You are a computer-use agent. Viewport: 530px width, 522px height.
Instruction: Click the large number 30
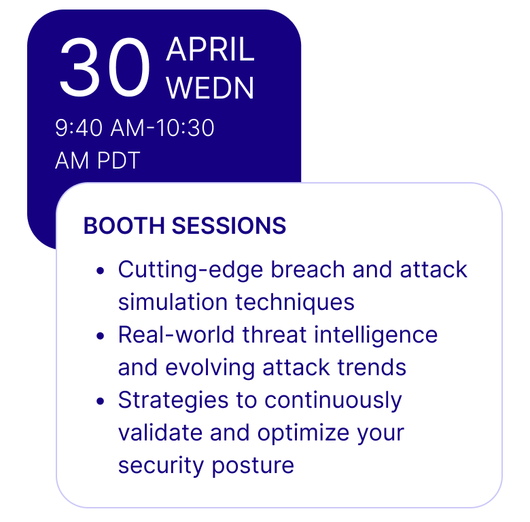[105, 67]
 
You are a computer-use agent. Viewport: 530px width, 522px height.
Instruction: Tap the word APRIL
[210, 50]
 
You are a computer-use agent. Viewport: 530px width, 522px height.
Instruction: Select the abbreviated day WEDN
[210, 88]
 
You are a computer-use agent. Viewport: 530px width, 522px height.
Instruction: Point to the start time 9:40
[78, 128]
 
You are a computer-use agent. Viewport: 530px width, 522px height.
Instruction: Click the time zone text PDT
[119, 160]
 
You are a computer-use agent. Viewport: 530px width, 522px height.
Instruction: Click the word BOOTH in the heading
[124, 226]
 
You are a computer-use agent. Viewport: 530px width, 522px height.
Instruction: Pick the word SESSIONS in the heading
[229, 226]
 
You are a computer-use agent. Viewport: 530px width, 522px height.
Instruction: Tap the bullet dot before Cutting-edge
[100, 271]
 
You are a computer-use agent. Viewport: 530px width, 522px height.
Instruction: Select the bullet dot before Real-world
[100, 336]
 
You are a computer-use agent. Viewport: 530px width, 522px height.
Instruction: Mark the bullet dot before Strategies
[100, 401]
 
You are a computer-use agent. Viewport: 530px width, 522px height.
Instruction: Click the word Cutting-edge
[191, 270]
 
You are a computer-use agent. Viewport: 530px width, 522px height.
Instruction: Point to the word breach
[308, 269]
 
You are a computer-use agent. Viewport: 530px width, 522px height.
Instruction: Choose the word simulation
[173, 302]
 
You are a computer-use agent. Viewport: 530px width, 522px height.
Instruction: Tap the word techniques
[295, 302]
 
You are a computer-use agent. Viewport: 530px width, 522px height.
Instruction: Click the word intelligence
[376, 335]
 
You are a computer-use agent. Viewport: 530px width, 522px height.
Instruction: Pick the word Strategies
[173, 400]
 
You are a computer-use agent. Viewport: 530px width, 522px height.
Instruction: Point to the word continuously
[333, 400]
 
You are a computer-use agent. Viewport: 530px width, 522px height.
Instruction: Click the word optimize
[303, 433]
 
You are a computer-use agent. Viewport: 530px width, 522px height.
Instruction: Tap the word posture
[253, 466]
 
